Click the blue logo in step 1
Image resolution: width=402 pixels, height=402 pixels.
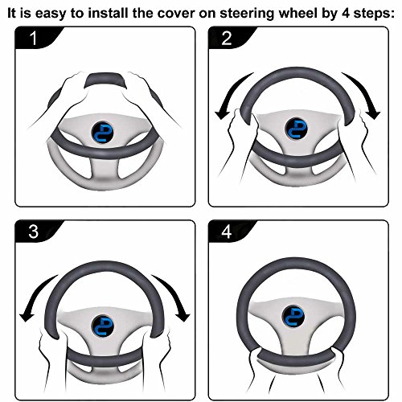pyautogui.click(x=105, y=133)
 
